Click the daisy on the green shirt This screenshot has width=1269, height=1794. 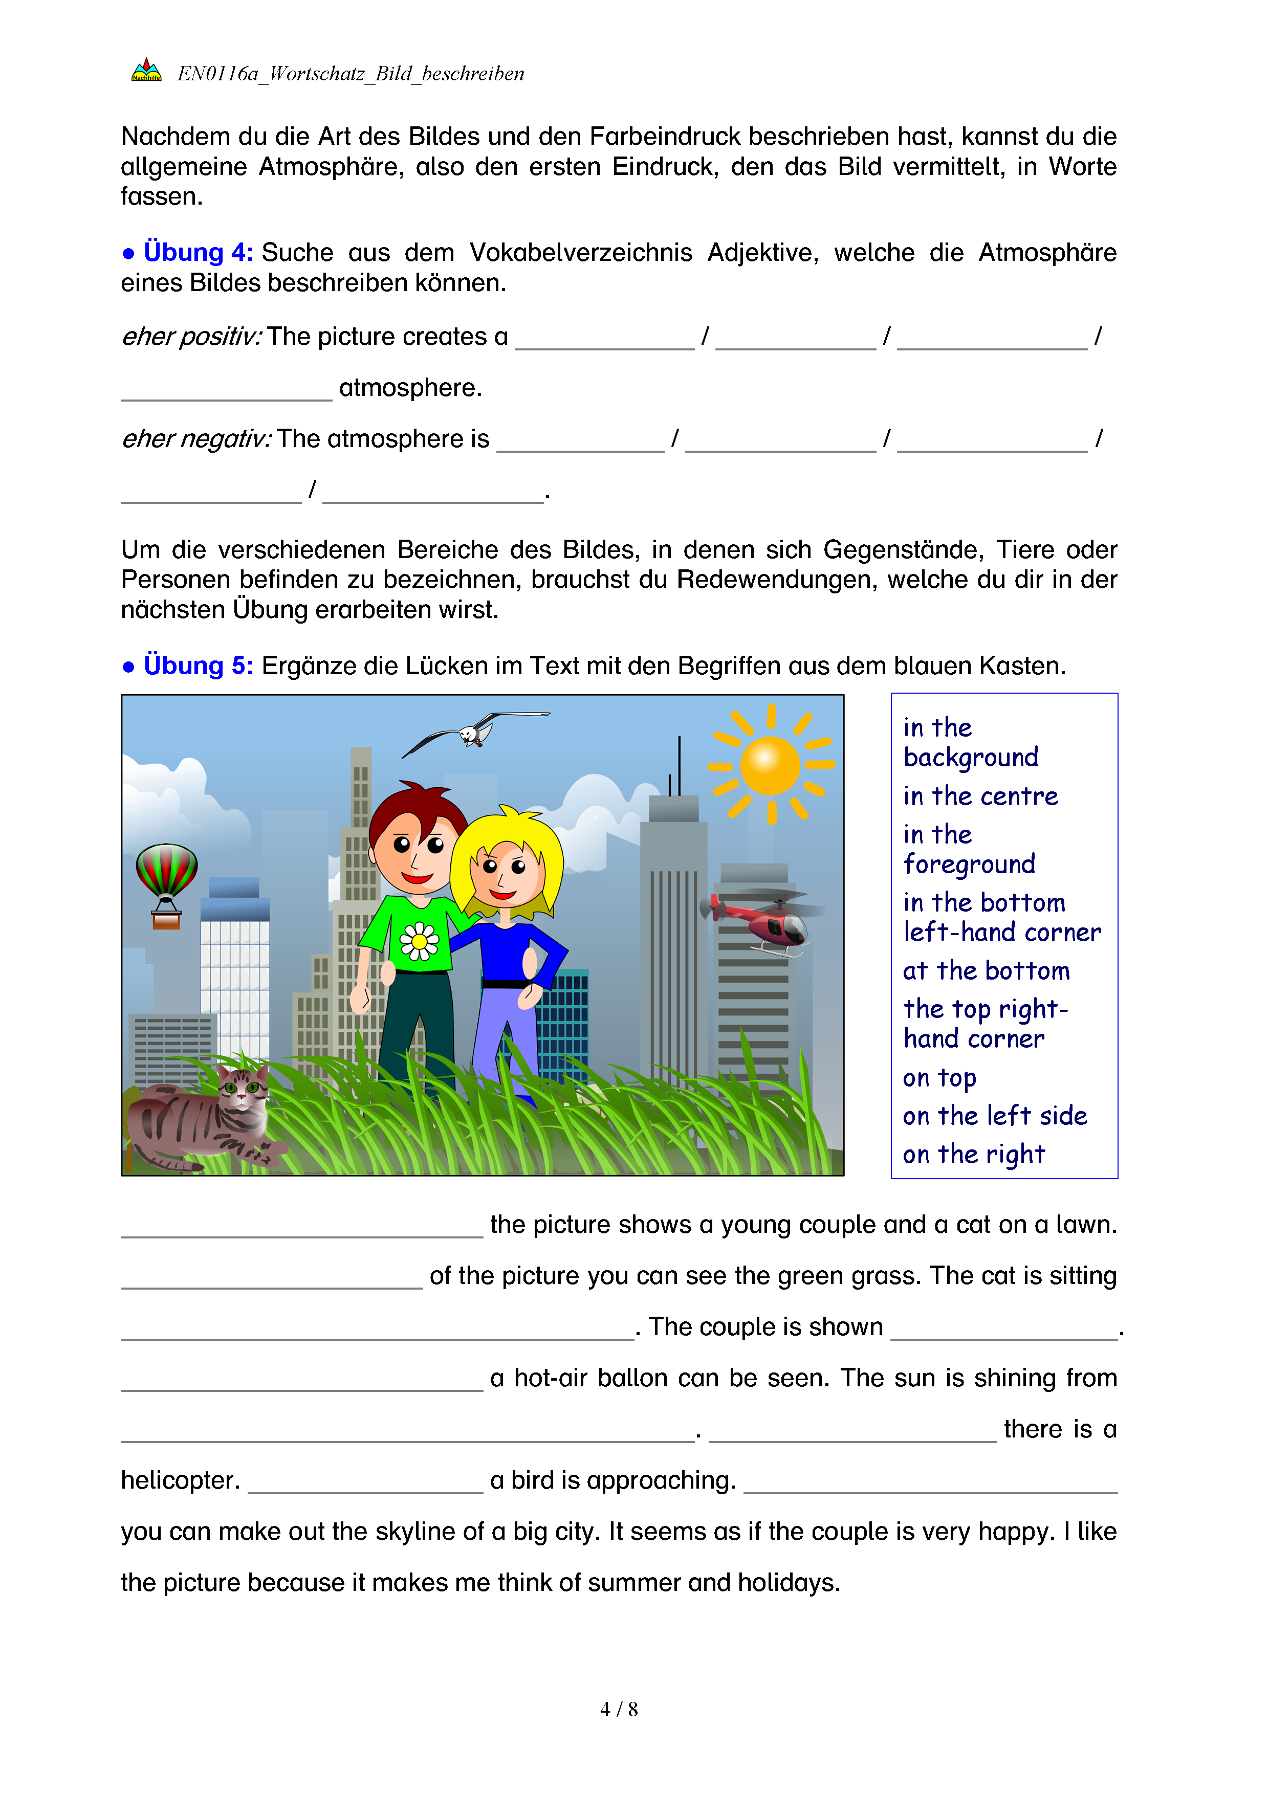420,942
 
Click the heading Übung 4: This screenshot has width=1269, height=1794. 198,252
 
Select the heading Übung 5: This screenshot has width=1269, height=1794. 198,666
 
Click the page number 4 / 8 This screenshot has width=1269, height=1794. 619,1709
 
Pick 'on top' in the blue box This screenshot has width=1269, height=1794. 939,1078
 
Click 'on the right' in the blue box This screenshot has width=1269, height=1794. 974,1154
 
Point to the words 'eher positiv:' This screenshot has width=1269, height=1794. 191,337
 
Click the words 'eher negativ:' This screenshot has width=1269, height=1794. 196,439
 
